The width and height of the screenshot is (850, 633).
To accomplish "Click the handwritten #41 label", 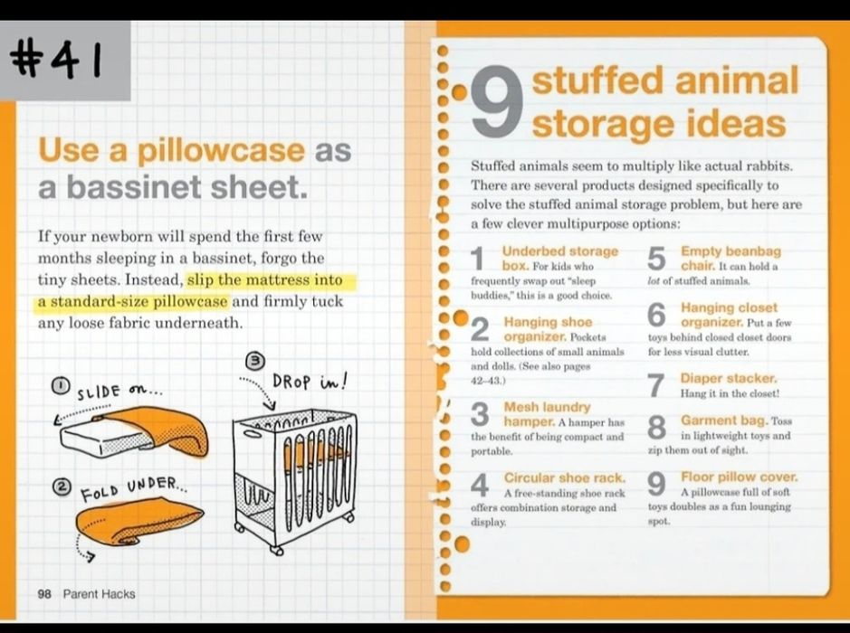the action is (x=56, y=60).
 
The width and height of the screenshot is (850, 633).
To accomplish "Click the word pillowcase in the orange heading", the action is (x=221, y=151).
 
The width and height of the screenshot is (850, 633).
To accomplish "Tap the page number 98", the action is (x=44, y=594).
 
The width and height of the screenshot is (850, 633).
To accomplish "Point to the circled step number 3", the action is (x=255, y=360).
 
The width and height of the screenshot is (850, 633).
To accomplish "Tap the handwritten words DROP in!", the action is (x=309, y=382).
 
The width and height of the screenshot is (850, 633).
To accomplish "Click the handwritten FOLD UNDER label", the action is (x=133, y=488).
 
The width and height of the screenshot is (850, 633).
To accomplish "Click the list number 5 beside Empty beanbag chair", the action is (x=656, y=259).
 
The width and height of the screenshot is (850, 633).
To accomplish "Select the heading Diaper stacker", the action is (x=729, y=378).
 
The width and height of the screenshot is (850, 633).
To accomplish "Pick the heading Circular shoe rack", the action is (x=564, y=477).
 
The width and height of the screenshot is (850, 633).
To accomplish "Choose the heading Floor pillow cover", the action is (x=740, y=477).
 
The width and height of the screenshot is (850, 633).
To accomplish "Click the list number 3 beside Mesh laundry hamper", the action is (x=480, y=414).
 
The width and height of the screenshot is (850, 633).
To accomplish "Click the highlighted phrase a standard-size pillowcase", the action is (x=132, y=302).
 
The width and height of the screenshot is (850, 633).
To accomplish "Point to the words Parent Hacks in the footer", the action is (x=100, y=594).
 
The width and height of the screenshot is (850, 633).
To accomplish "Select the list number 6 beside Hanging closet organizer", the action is (x=656, y=315).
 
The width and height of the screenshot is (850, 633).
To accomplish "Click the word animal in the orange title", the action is (x=737, y=80).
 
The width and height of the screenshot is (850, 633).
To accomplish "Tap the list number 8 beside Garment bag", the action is (x=656, y=428).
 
